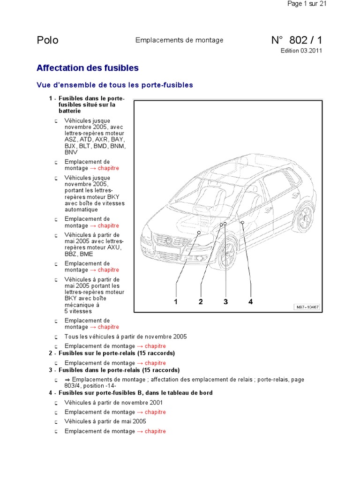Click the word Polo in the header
click(47, 40)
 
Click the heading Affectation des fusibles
click(88, 68)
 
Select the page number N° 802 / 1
click(297, 40)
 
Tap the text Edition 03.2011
click(301, 51)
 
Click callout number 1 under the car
click(176, 302)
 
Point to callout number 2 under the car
click(201, 302)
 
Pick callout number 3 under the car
click(225, 302)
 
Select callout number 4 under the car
click(251, 302)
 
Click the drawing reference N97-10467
click(307, 307)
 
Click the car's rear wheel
click(305, 217)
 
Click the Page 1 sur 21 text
click(307, 4)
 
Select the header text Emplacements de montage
click(179, 40)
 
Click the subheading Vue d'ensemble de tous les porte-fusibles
click(115, 85)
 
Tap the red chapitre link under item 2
click(155, 363)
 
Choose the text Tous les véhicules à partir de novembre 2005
click(126, 337)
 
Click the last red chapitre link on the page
click(155, 431)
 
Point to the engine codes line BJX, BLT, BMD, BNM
click(95, 146)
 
